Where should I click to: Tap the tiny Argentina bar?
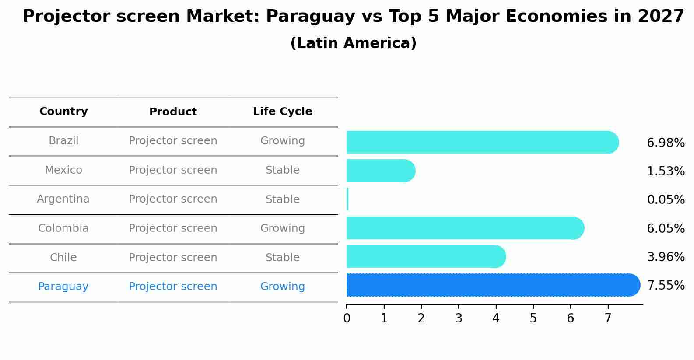click(347, 199)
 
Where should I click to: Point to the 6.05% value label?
click(665, 228)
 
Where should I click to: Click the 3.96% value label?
click(665, 257)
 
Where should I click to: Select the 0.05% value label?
click(665, 200)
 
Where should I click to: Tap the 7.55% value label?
click(665, 286)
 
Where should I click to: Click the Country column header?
click(63, 112)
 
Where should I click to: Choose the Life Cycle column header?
click(282, 112)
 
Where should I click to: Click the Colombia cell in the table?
click(63, 228)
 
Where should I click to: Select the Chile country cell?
click(63, 258)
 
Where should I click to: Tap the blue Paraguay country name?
click(63, 287)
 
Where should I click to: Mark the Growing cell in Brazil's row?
click(282, 141)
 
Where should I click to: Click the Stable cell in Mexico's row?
click(282, 170)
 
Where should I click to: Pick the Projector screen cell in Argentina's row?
click(173, 199)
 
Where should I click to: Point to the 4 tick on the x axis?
click(496, 318)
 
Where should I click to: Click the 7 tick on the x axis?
click(608, 318)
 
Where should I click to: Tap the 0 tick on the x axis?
click(347, 318)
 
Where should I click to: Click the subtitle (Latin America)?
click(353, 43)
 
